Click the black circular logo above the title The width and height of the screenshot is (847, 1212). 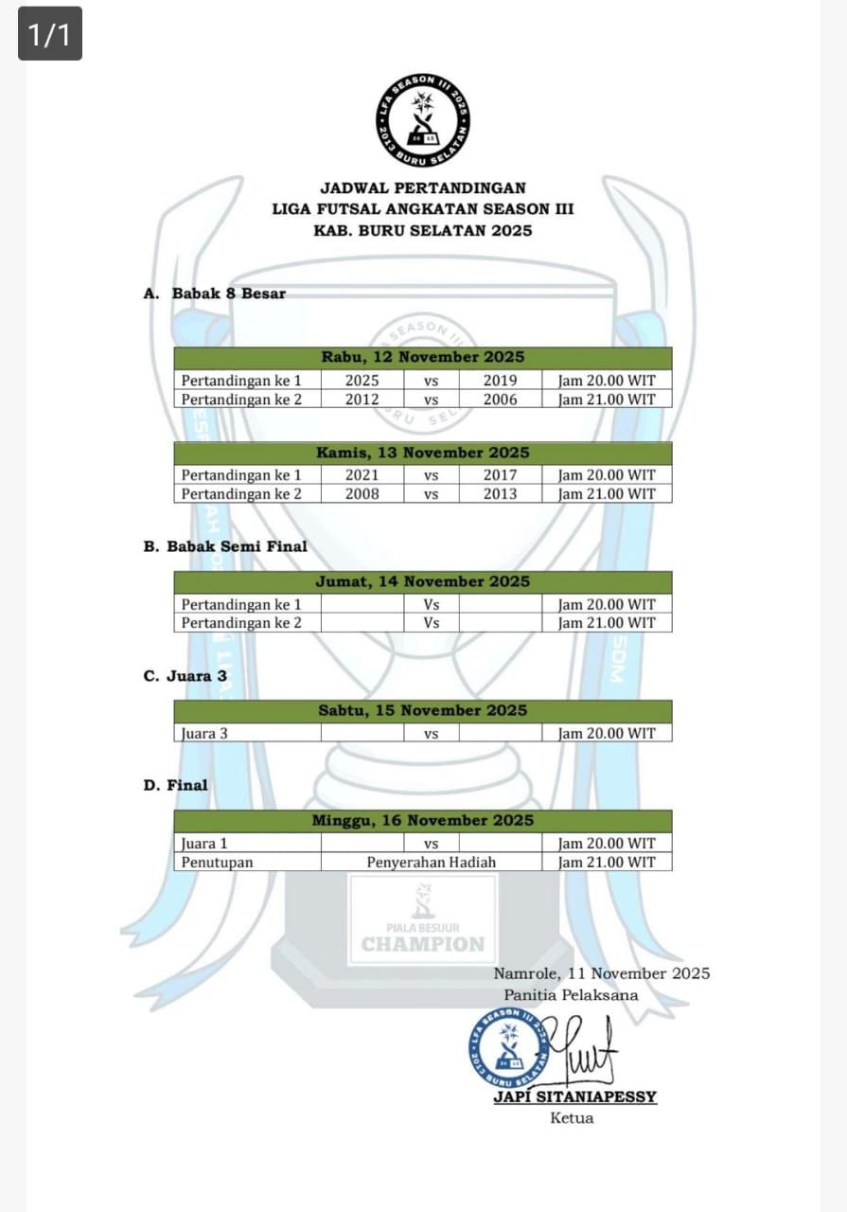tap(422, 120)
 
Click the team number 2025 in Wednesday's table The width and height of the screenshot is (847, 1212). tap(362, 381)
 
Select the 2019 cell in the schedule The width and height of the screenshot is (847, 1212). tap(500, 381)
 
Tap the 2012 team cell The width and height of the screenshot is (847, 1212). tap(362, 400)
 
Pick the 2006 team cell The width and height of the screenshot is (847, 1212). tap(500, 400)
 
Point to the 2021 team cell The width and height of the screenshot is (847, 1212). tap(362, 475)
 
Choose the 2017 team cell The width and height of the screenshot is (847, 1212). tap(500, 475)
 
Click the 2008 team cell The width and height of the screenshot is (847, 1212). tap(362, 493)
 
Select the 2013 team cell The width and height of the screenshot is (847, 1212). tap(500, 493)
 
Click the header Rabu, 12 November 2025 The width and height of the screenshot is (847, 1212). tap(422, 358)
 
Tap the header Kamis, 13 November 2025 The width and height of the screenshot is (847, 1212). tap(422, 453)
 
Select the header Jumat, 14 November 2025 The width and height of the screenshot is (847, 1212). tap(422, 581)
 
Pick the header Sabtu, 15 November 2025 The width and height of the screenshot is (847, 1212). tap(422, 710)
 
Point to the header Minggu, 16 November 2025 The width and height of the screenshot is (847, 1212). tap(422, 821)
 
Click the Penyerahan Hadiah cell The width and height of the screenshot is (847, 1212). tap(431, 863)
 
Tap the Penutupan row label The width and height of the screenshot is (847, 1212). tap(204, 863)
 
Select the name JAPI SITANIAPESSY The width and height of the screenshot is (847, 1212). tap(574, 1096)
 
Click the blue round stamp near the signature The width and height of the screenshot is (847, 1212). tap(509, 1047)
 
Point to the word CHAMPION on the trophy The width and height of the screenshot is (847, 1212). tap(422, 944)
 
